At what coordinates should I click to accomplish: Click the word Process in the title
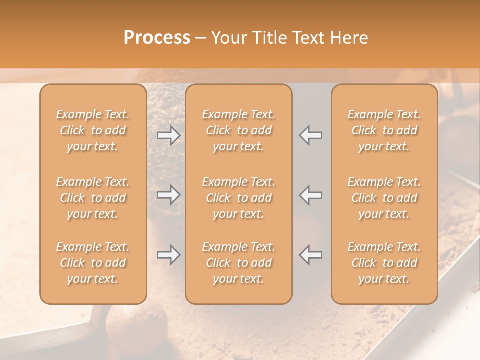coord(157,38)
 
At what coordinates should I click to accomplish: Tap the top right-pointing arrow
coord(169,135)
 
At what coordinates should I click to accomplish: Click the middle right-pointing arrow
coord(169,195)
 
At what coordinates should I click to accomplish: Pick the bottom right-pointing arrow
coord(169,255)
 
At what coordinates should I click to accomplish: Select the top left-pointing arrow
coord(311,135)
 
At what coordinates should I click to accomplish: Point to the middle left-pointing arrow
coord(311,195)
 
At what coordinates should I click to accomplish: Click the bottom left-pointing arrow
coord(311,255)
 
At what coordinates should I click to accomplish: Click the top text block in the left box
coord(93,130)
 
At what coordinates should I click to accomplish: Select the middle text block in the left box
coord(93,198)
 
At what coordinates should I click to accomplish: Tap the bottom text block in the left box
coord(93,263)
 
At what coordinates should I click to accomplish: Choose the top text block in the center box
coord(238,130)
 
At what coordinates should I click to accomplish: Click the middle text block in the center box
coord(238,198)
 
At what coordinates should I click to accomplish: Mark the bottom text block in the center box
coord(238,263)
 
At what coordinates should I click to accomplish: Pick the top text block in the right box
coord(384,130)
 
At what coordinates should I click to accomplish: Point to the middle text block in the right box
coord(384,198)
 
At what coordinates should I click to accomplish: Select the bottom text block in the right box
coord(384,263)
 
